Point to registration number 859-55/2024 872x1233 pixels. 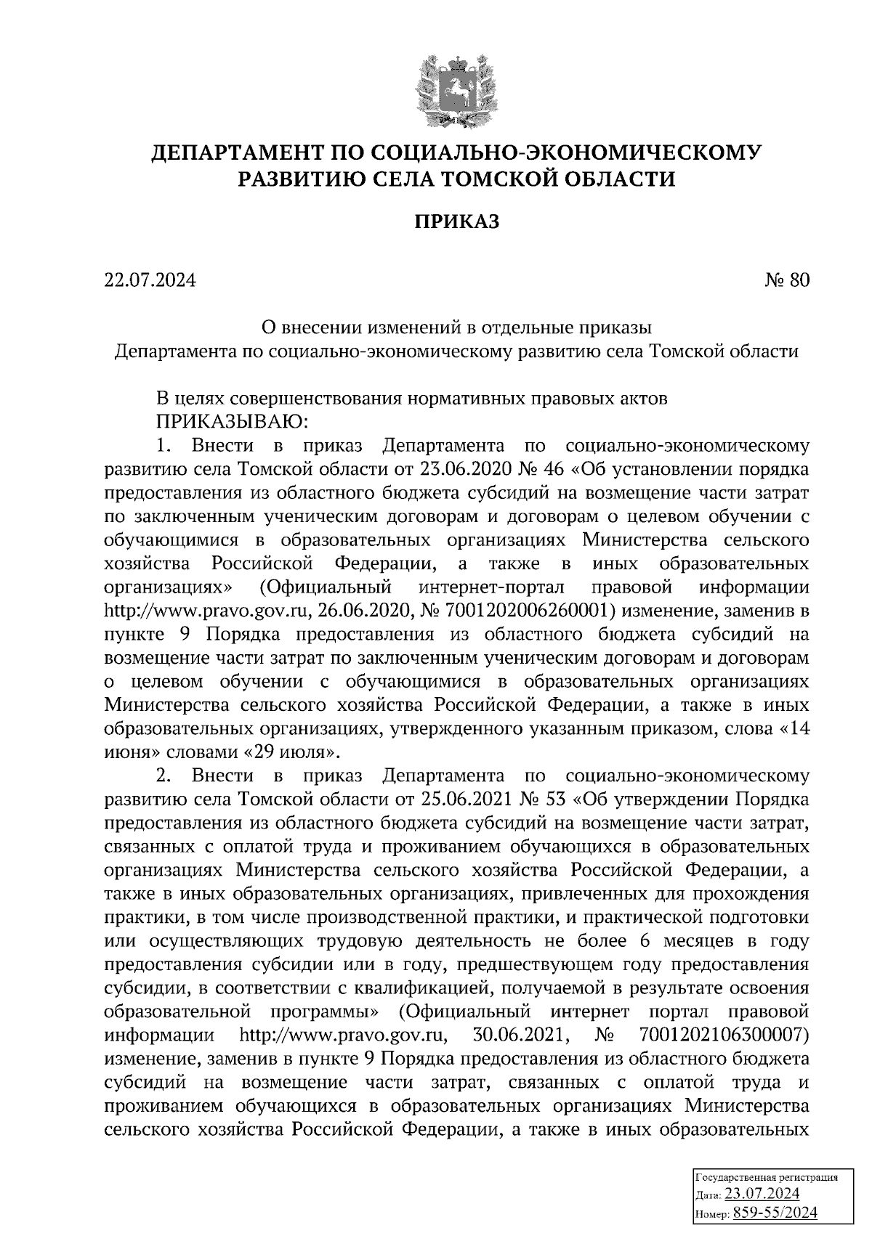coord(775,1213)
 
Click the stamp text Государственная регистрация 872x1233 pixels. coord(767,1177)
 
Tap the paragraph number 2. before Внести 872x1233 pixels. coord(163,776)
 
